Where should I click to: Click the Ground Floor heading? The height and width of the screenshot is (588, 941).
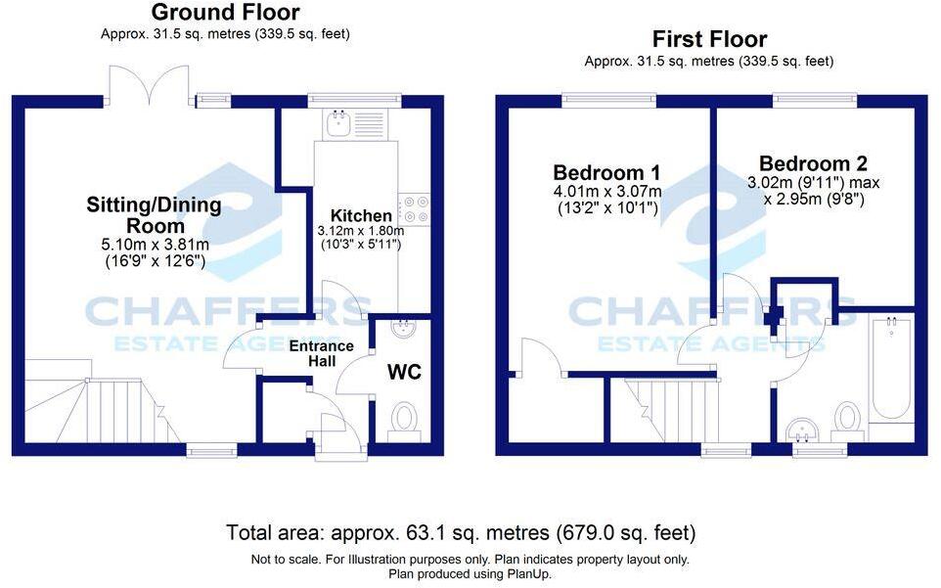225,13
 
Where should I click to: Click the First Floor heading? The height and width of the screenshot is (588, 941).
709,39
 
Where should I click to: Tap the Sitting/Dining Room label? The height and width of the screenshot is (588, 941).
155,215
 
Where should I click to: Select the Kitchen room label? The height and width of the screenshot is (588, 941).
361,215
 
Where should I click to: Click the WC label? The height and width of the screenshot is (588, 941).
405,373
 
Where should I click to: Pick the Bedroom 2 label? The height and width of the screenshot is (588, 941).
813,163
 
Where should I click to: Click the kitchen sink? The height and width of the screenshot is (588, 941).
340,122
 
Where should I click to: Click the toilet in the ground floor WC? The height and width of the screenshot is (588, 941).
402,420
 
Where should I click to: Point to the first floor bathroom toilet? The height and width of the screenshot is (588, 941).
847,418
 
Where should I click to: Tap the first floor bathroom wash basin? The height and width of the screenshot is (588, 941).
806,428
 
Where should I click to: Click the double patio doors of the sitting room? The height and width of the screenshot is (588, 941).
148,85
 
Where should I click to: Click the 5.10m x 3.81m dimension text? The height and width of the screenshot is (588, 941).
155,244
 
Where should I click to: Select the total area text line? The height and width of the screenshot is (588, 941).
461,533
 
